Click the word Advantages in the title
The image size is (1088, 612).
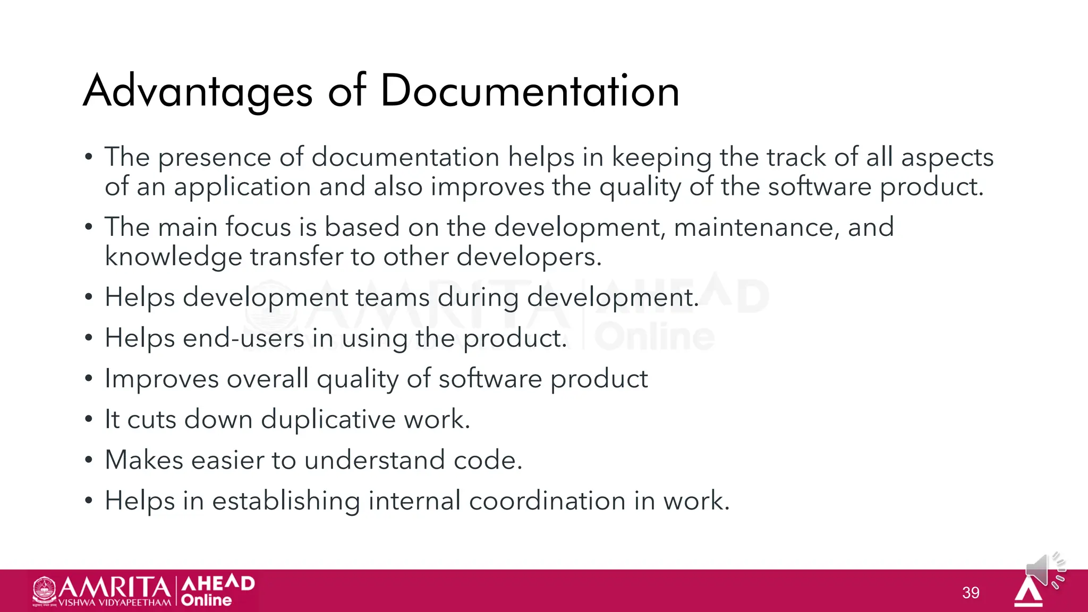(x=198, y=91)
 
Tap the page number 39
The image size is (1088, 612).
(x=971, y=592)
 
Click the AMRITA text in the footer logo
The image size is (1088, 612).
(x=114, y=587)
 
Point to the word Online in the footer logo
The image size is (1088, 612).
(x=206, y=600)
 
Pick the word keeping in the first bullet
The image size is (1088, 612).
(x=661, y=158)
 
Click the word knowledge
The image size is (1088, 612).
(x=173, y=257)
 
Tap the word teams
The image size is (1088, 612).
(x=392, y=297)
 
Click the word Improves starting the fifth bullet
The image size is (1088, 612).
(x=161, y=379)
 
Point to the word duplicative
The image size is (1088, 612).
(x=328, y=420)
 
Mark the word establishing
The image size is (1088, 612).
(x=286, y=501)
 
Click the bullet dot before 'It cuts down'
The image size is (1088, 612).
(x=89, y=420)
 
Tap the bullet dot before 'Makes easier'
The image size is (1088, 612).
(x=89, y=460)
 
